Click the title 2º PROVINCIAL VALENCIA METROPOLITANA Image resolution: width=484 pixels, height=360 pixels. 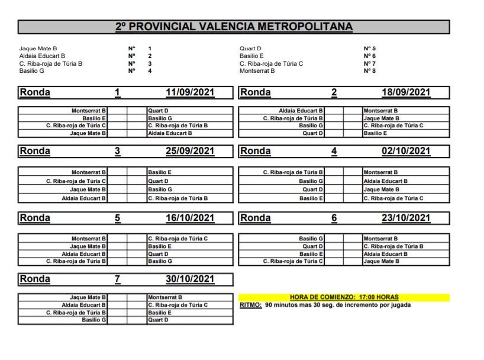pyautogui.click(x=234, y=27)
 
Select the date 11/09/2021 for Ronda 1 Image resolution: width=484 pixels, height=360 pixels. pyautogui.click(x=190, y=92)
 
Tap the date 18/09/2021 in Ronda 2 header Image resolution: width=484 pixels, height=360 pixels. pyautogui.click(x=406, y=92)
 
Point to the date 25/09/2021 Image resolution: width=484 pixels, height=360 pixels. pyautogui.click(x=190, y=151)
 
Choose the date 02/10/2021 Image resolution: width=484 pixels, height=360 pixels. pyautogui.click(x=406, y=151)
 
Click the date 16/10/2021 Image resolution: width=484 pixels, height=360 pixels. pyautogui.click(x=190, y=218)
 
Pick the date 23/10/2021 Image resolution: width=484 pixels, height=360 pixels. pyautogui.click(x=406, y=218)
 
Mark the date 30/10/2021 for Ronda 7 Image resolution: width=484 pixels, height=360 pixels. pyautogui.click(x=190, y=278)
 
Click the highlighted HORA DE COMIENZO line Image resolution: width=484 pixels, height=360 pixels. pyautogui.click(x=344, y=297)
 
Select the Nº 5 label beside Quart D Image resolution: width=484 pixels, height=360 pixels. pyautogui.click(x=370, y=49)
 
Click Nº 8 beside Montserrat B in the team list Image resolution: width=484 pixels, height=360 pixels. pyautogui.click(x=370, y=71)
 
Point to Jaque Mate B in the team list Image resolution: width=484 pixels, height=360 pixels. pyautogui.click(x=38, y=49)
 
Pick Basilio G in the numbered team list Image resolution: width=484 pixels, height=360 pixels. pyautogui.click(x=32, y=71)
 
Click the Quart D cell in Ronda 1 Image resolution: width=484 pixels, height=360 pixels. pyautogui.click(x=159, y=110)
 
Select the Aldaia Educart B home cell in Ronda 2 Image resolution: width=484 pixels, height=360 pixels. pyautogui.click(x=301, y=110)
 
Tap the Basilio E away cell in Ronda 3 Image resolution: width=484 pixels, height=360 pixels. pyautogui.click(x=160, y=172)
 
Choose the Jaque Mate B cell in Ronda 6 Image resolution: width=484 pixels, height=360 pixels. pyautogui.click(x=382, y=261)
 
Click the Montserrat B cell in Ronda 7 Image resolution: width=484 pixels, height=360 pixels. pyautogui.click(x=164, y=297)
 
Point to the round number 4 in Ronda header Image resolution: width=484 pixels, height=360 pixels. pyautogui.click(x=334, y=151)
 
